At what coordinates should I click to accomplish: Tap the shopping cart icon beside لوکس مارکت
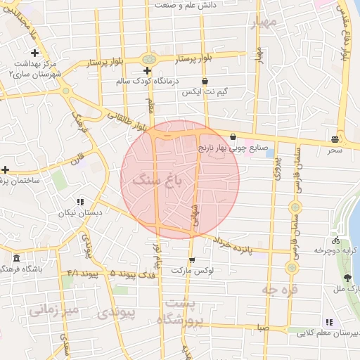191,259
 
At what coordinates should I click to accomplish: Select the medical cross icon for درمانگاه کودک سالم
147,71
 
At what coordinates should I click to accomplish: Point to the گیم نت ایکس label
202,92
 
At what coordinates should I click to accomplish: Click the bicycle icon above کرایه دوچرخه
328,239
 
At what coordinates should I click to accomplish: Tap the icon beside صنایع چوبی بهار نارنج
233,137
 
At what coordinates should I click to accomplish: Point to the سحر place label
335,150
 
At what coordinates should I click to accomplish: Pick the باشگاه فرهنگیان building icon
17,258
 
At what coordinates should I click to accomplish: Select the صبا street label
263,327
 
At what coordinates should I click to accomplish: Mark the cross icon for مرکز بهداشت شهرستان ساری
34,53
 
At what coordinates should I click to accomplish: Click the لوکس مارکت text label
216,270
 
